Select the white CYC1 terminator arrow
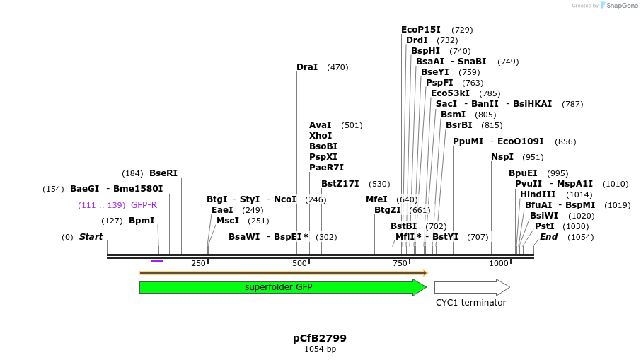471,287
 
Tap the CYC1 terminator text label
470,303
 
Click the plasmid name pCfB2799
320,338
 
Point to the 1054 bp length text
320,349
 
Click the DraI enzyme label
307,67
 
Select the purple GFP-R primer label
144,205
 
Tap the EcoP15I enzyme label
421,30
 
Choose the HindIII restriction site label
538,194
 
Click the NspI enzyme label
502,157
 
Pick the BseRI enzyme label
163,173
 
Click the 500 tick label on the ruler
299,263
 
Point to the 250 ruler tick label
198,263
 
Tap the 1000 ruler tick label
499,263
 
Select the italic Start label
91,237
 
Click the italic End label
548,237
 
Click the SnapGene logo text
621,6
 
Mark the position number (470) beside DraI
337,68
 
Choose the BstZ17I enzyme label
340,184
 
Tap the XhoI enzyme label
320,136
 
